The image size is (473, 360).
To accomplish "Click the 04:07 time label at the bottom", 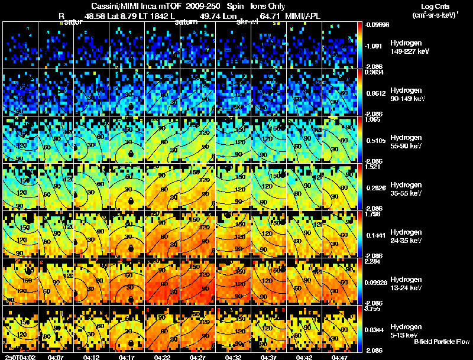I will pos(56,357).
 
